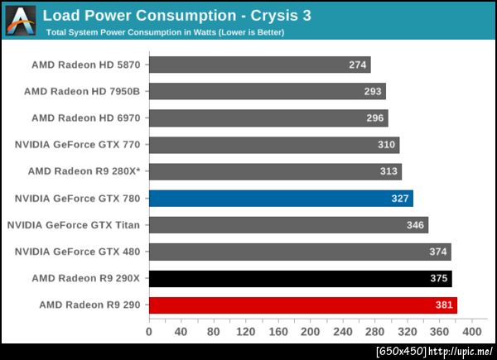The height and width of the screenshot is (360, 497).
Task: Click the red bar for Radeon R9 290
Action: [302, 305]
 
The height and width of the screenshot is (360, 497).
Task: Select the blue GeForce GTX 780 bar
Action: [280, 198]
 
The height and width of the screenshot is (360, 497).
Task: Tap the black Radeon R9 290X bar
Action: [300, 278]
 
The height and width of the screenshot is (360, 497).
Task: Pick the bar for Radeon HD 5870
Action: [259, 65]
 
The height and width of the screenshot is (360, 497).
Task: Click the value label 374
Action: [437, 252]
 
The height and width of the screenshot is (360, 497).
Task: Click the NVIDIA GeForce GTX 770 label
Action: [78, 145]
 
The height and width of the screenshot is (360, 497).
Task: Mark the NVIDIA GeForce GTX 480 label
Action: [78, 252]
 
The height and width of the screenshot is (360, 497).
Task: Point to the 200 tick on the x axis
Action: [310, 332]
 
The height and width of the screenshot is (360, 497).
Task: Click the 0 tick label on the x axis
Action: [149, 332]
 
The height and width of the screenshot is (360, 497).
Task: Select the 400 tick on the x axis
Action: [471, 332]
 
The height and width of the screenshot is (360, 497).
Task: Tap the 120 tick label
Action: [245, 332]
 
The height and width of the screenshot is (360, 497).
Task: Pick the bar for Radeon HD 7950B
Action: [267, 91]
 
